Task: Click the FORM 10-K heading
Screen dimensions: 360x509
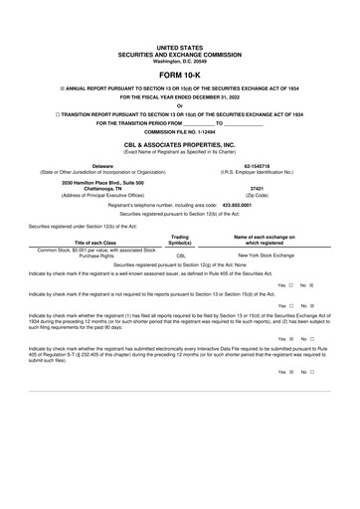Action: coord(180,74)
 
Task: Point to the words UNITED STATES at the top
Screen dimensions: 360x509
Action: coord(180,47)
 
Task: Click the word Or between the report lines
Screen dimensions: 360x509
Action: coord(180,107)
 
